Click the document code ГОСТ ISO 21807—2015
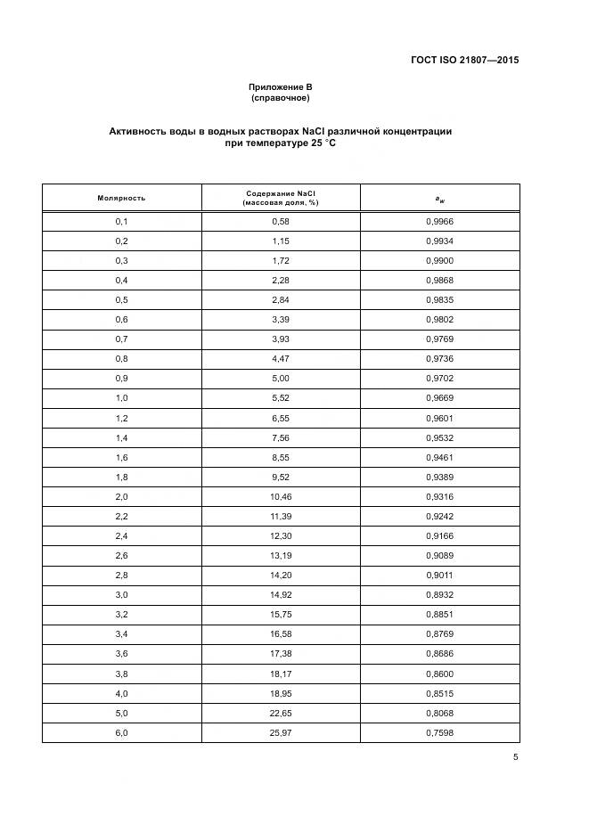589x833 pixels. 466,61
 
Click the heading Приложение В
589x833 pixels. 280,86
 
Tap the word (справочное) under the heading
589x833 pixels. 280,98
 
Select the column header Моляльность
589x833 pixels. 121,197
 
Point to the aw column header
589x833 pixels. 440,198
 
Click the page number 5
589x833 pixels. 515,757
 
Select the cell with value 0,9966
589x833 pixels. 439,221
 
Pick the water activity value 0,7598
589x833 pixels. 439,732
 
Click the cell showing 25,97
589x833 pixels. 281,732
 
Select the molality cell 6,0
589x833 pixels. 121,732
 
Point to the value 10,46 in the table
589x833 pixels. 281,495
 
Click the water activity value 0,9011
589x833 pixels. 439,576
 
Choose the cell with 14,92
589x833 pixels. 281,595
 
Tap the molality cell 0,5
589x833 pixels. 121,298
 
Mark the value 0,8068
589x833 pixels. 439,713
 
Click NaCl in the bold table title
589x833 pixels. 330,131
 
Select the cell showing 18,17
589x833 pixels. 281,674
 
